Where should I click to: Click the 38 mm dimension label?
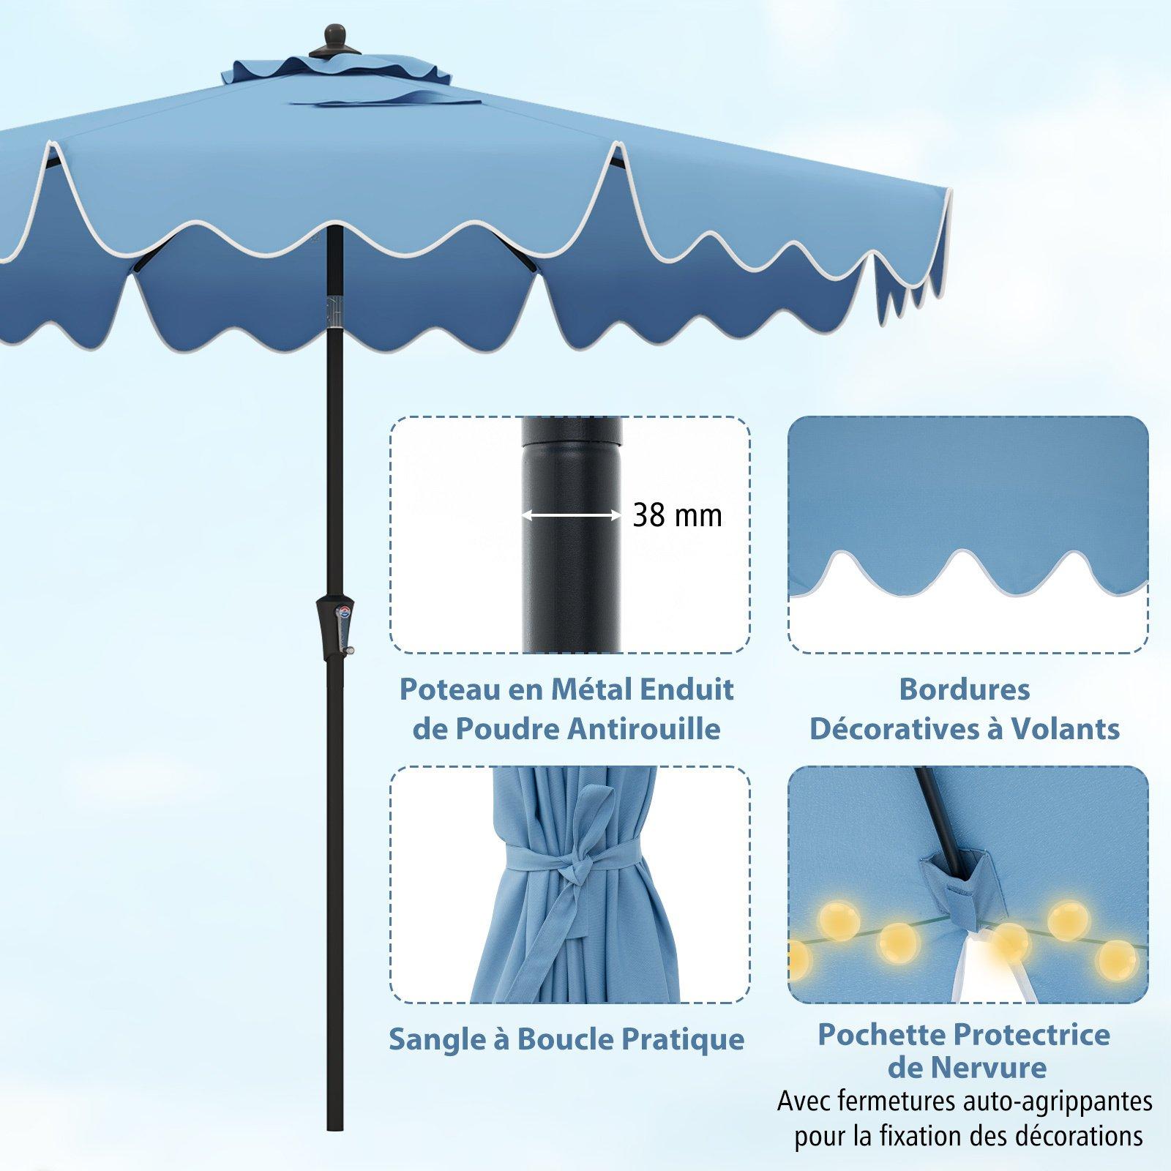[677, 516]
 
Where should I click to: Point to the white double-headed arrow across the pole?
[571, 516]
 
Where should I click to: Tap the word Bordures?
[965, 689]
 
